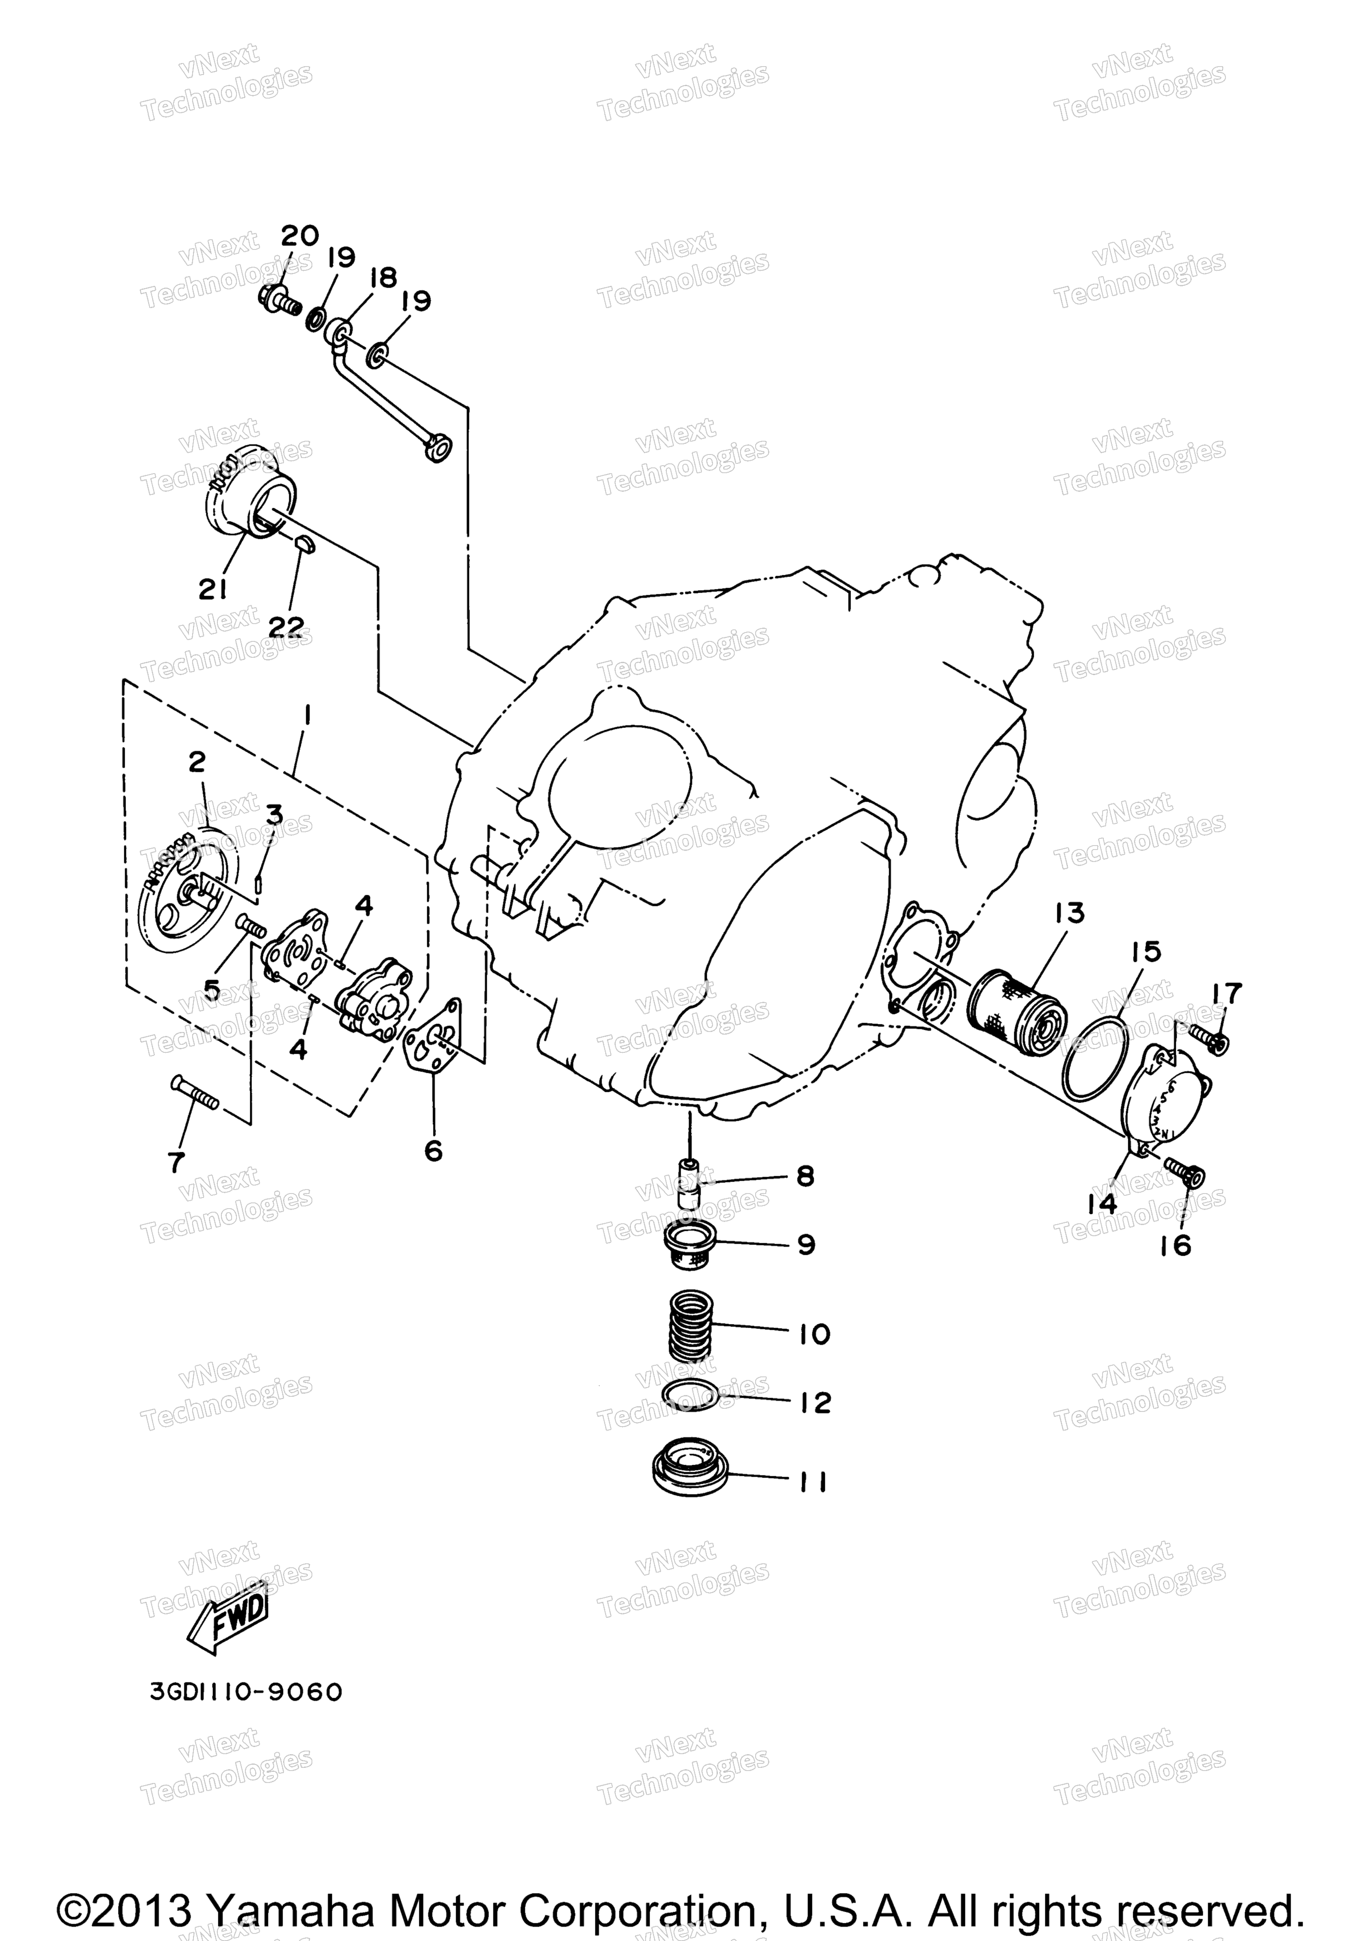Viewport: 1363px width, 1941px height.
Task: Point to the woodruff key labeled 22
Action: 306,542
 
